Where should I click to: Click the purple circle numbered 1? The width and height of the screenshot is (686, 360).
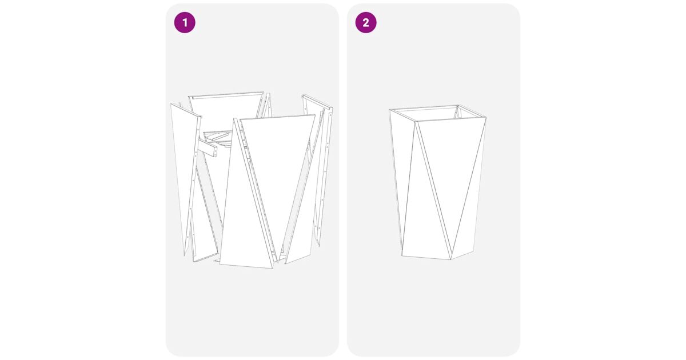185,22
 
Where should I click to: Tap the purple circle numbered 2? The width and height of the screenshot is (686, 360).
366,22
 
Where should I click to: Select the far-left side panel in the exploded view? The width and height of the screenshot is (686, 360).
183,171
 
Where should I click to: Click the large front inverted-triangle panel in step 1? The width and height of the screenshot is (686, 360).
276,171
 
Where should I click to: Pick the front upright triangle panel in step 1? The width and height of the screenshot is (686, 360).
245,214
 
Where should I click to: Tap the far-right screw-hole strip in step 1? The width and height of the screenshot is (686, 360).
327,171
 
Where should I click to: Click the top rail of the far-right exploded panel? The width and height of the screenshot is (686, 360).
317,102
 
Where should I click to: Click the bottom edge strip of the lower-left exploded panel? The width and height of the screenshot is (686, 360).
205,258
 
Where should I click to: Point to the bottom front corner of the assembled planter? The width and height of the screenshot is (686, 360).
451,259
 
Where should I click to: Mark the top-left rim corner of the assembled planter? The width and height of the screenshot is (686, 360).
389,109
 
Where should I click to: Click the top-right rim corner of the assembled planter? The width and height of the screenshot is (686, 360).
486,118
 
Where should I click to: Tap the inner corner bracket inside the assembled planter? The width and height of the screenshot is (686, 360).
456,113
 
